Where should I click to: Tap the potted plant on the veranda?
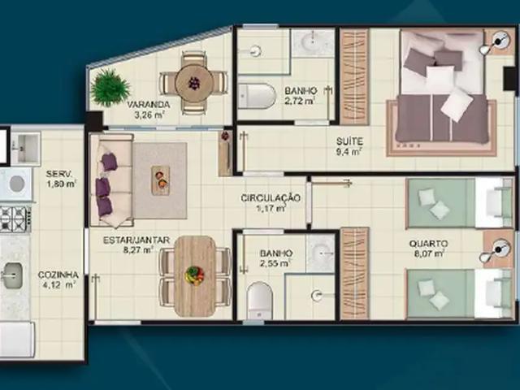pyautogui.click(x=110, y=87)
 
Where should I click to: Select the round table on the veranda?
pyautogui.click(x=194, y=82)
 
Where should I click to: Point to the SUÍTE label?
pyautogui.click(x=350, y=140)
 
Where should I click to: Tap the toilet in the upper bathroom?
pyautogui.click(x=258, y=94)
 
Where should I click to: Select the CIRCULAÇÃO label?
pyautogui.click(x=271, y=198)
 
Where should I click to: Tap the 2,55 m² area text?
pyautogui.click(x=276, y=264)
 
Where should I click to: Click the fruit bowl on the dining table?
pyautogui.click(x=195, y=275)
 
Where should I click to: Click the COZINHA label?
pyautogui.click(x=58, y=275)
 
